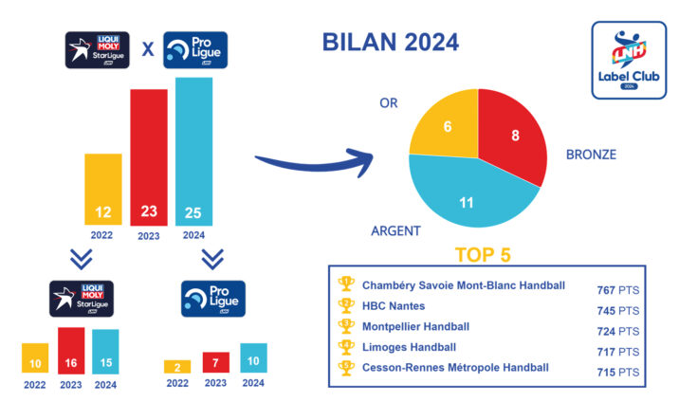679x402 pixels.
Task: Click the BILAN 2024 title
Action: (x=390, y=44)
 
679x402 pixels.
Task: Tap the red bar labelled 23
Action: (x=149, y=156)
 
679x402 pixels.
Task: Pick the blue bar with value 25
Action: (x=193, y=152)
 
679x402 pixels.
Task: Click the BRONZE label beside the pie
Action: (x=591, y=154)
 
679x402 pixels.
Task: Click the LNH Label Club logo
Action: (x=628, y=61)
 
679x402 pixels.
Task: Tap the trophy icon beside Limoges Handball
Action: (x=346, y=346)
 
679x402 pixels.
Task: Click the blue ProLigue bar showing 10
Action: (x=253, y=357)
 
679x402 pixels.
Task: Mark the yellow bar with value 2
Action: (x=177, y=366)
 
